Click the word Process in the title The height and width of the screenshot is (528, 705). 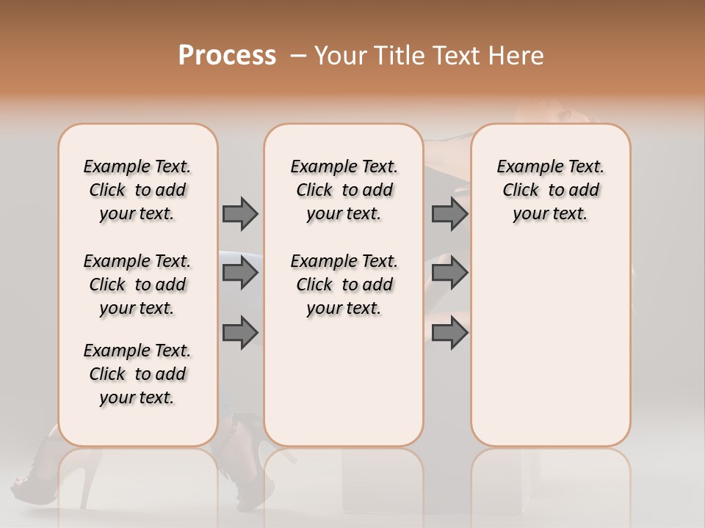[x=227, y=56]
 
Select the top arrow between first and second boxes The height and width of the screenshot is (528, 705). [x=240, y=213]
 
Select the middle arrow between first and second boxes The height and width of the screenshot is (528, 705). [x=240, y=273]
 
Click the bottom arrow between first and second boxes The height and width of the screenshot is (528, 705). [x=240, y=332]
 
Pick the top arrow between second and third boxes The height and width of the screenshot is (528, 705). [x=449, y=213]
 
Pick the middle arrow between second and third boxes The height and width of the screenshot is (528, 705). [x=449, y=273]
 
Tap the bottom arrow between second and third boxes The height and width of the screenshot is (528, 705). [x=449, y=332]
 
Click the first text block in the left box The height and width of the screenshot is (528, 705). [x=137, y=190]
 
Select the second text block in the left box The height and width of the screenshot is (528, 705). [x=137, y=285]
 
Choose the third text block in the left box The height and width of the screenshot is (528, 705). [x=137, y=374]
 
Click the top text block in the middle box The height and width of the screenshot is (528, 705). [x=344, y=190]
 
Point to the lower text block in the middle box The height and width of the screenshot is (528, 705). [x=344, y=285]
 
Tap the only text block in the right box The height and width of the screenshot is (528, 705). [x=550, y=190]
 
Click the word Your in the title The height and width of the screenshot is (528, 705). [x=338, y=56]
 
